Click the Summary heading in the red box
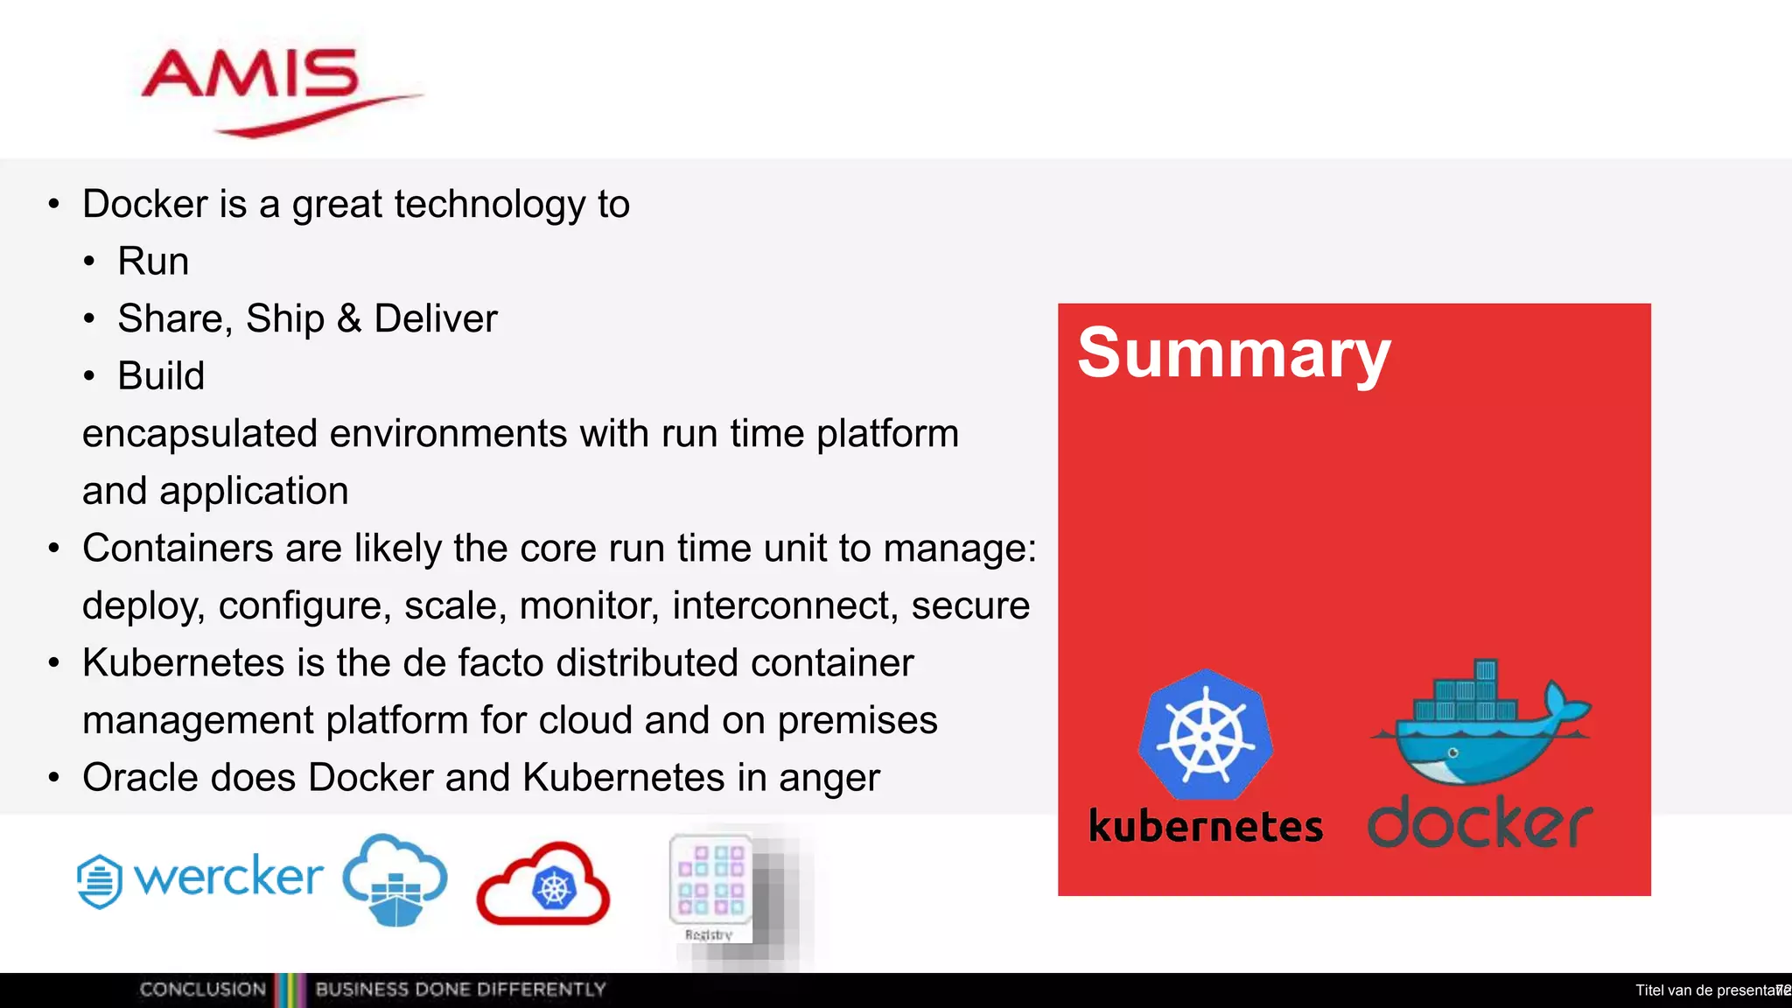[x=1233, y=353]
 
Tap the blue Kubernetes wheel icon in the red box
[x=1206, y=735]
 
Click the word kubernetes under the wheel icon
[x=1205, y=827]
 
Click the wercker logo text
[x=228, y=876]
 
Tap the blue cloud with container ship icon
[x=395, y=878]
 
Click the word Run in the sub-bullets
[x=153, y=262]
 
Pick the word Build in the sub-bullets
[x=161, y=376]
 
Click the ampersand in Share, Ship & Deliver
[x=348, y=318]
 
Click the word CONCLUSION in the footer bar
[x=202, y=990]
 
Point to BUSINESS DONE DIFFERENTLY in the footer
[x=460, y=990]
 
